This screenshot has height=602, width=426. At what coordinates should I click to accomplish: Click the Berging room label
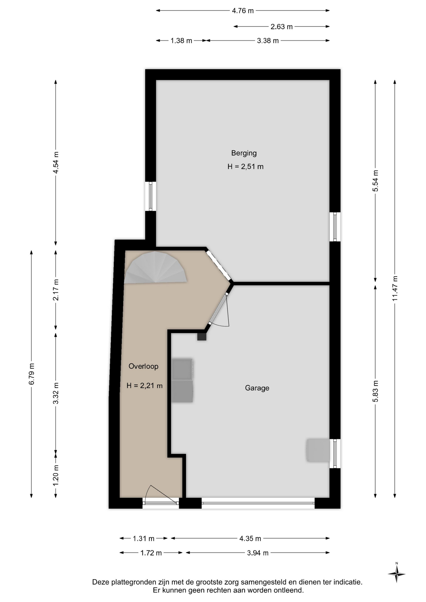point(244,153)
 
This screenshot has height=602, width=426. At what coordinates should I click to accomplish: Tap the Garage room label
point(257,388)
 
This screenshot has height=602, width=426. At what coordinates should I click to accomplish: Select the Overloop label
point(143,366)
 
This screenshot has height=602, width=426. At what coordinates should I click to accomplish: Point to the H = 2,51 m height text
point(245,167)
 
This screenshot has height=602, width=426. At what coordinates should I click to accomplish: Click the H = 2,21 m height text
point(145,386)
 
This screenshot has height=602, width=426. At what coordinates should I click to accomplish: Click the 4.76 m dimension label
point(243,11)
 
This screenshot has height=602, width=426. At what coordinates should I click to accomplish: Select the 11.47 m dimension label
point(395,288)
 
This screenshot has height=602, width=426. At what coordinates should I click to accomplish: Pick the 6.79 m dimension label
point(31,374)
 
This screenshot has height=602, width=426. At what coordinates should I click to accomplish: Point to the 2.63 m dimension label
point(281,27)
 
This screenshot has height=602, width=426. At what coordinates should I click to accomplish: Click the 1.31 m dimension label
point(144,539)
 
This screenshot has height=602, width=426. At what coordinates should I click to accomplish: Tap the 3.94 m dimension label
point(258,553)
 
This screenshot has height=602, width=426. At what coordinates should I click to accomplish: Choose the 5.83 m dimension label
point(375,391)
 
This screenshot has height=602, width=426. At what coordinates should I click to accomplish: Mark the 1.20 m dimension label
point(56,475)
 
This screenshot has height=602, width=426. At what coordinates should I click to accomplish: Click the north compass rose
point(397,574)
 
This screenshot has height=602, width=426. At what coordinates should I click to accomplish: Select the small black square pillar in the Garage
point(202,337)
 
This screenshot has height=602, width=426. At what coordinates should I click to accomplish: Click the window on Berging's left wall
point(151,196)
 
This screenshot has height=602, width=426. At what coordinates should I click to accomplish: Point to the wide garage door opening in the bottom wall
point(258,503)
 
